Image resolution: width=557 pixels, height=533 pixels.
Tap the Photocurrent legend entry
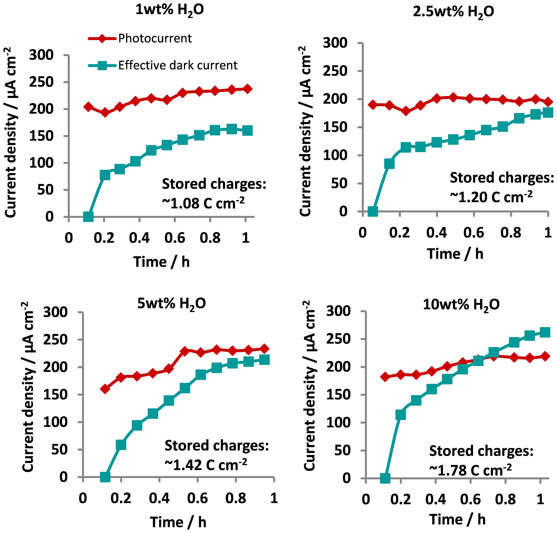[x=155, y=38]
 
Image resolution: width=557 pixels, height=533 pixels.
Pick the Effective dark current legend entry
[x=177, y=66]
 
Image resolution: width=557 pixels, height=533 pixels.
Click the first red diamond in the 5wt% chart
[x=105, y=389]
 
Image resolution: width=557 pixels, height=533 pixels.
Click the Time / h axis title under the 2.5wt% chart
[x=455, y=254]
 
